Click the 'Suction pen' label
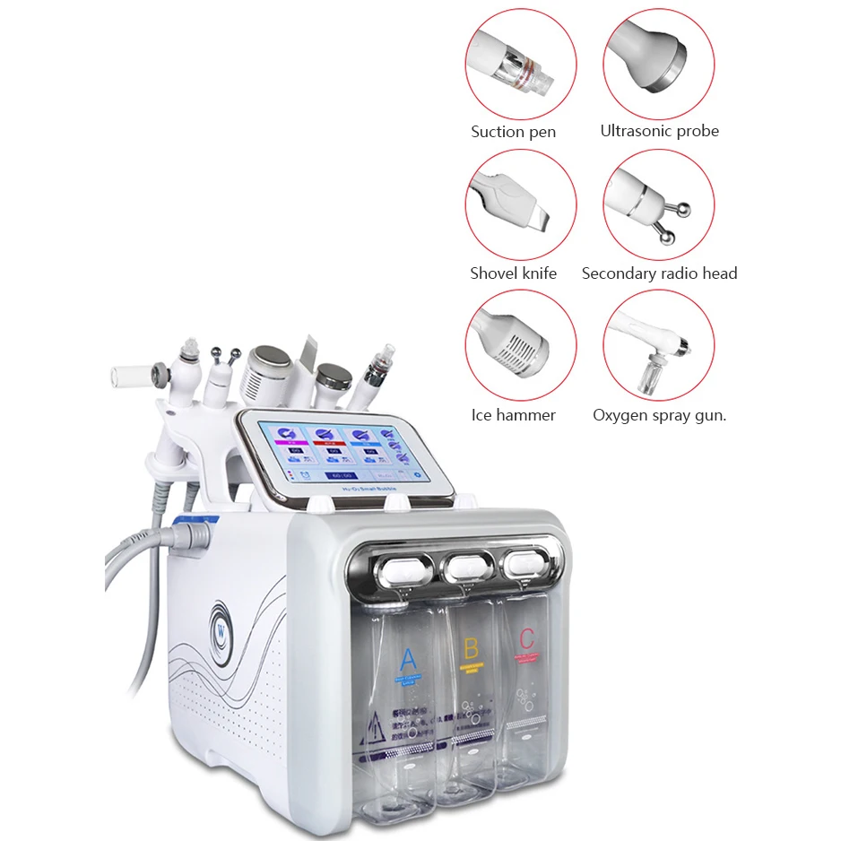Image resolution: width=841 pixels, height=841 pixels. [513, 132]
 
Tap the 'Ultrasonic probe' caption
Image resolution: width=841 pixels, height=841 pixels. [659, 131]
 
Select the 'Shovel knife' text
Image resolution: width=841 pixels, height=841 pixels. [513, 273]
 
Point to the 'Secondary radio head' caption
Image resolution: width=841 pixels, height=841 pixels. [659, 273]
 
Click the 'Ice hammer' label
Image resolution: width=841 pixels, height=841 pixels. [513, 415]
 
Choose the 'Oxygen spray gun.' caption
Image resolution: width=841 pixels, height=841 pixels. [659, 415]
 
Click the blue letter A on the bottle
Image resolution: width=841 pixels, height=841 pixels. [408, 659]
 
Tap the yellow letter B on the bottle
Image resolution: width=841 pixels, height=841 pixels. [469, 647]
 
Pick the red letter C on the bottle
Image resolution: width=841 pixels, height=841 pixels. [526, 638]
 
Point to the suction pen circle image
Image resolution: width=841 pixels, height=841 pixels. [521, 64]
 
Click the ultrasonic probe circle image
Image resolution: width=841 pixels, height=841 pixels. [659, 64]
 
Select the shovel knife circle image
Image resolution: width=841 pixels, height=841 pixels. [521, 205]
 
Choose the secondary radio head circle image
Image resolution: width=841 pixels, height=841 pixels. [659, 205]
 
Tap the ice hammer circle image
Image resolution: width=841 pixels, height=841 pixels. [521, 346]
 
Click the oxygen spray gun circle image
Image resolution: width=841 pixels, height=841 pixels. [659, 346]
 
